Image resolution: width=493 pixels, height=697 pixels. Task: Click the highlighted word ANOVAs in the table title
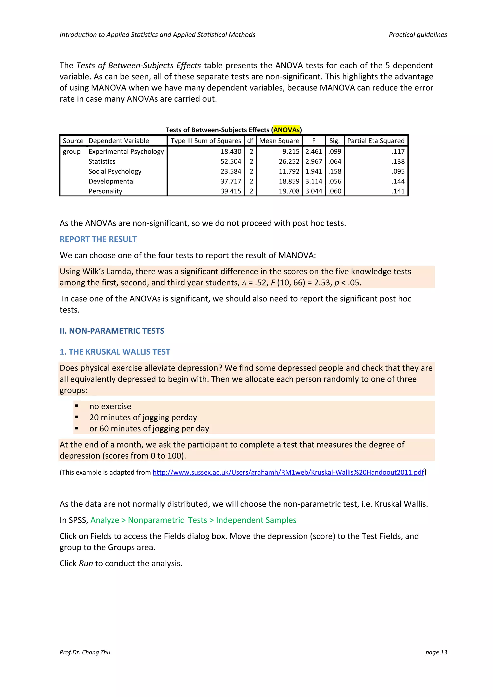pos(286,130)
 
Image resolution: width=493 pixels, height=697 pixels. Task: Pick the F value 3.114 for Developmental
pos(314,181)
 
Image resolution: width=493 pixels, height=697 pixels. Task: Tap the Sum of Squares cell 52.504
pos(231,162)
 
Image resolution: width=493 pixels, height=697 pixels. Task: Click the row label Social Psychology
pos(115,171)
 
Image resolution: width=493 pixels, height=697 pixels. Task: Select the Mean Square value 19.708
pos(289,191)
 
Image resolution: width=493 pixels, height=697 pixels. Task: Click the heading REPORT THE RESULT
pos(98,239)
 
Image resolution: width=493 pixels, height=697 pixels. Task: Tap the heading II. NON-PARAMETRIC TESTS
pos(112,331)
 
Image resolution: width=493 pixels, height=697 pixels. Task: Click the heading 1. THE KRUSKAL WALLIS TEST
pos(115,352)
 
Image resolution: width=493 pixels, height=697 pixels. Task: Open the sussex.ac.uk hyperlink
pos(288,472)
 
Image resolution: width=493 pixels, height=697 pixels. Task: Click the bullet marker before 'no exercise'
pos(77,406)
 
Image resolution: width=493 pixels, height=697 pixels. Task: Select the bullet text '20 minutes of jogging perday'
pos(143,417)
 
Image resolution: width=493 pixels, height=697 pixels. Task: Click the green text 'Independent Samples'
pos(256,520)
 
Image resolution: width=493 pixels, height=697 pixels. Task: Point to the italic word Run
pos(86,563)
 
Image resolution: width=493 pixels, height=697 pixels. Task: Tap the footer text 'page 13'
pos(436,652)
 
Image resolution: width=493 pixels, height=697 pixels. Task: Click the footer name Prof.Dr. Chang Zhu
pos(85,652)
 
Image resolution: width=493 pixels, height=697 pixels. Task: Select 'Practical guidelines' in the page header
pos(418,35)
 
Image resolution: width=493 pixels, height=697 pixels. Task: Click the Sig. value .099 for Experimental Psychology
pos(335,151)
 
